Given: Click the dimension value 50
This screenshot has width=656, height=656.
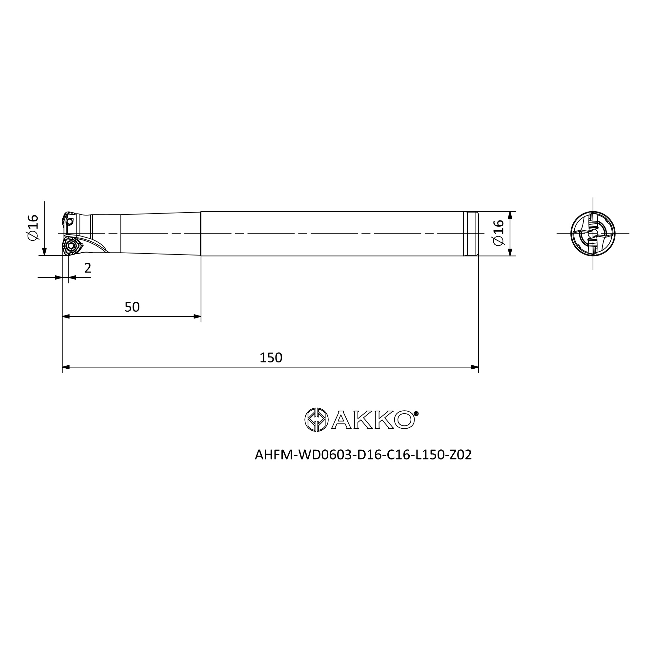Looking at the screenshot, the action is [132, 307].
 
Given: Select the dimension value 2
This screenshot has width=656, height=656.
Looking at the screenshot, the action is [88, 268].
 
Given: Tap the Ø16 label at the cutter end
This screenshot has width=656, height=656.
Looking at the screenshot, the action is [33, 228].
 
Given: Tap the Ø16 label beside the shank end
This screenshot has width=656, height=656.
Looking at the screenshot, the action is [499, 233].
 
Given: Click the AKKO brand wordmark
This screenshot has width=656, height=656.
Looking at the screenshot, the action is [373, 420].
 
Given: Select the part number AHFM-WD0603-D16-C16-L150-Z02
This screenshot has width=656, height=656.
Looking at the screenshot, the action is [363, 455].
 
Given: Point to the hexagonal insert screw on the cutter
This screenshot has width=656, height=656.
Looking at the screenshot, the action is [71, 246].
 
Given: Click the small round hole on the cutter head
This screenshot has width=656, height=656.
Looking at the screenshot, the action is [70, 222].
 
